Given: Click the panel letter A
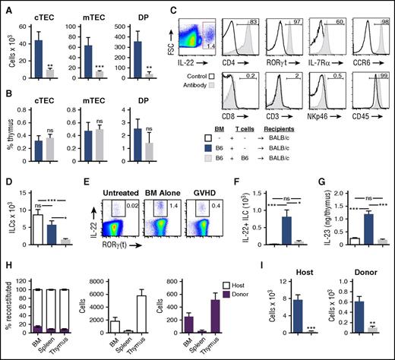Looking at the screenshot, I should (5, 7).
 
